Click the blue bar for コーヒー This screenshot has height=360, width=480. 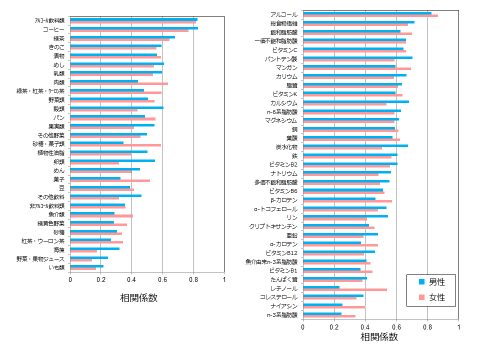(134, 28)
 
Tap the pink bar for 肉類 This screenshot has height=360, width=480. (119, 83)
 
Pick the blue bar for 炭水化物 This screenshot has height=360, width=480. (355, 145)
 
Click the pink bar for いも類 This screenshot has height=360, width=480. (83, 269)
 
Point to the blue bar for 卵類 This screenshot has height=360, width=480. (112, 160)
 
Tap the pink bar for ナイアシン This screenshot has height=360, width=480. (334, 307)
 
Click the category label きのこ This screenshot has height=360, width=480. (56, 47)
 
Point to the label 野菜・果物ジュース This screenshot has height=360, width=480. (40, 259)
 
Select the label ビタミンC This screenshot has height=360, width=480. (284, 50)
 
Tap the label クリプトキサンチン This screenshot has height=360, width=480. (273, 226)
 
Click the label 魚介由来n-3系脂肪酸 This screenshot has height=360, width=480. (271, 261)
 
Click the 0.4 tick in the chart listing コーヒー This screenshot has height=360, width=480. (131, 280)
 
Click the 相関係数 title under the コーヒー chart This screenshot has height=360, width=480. (138, 297)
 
